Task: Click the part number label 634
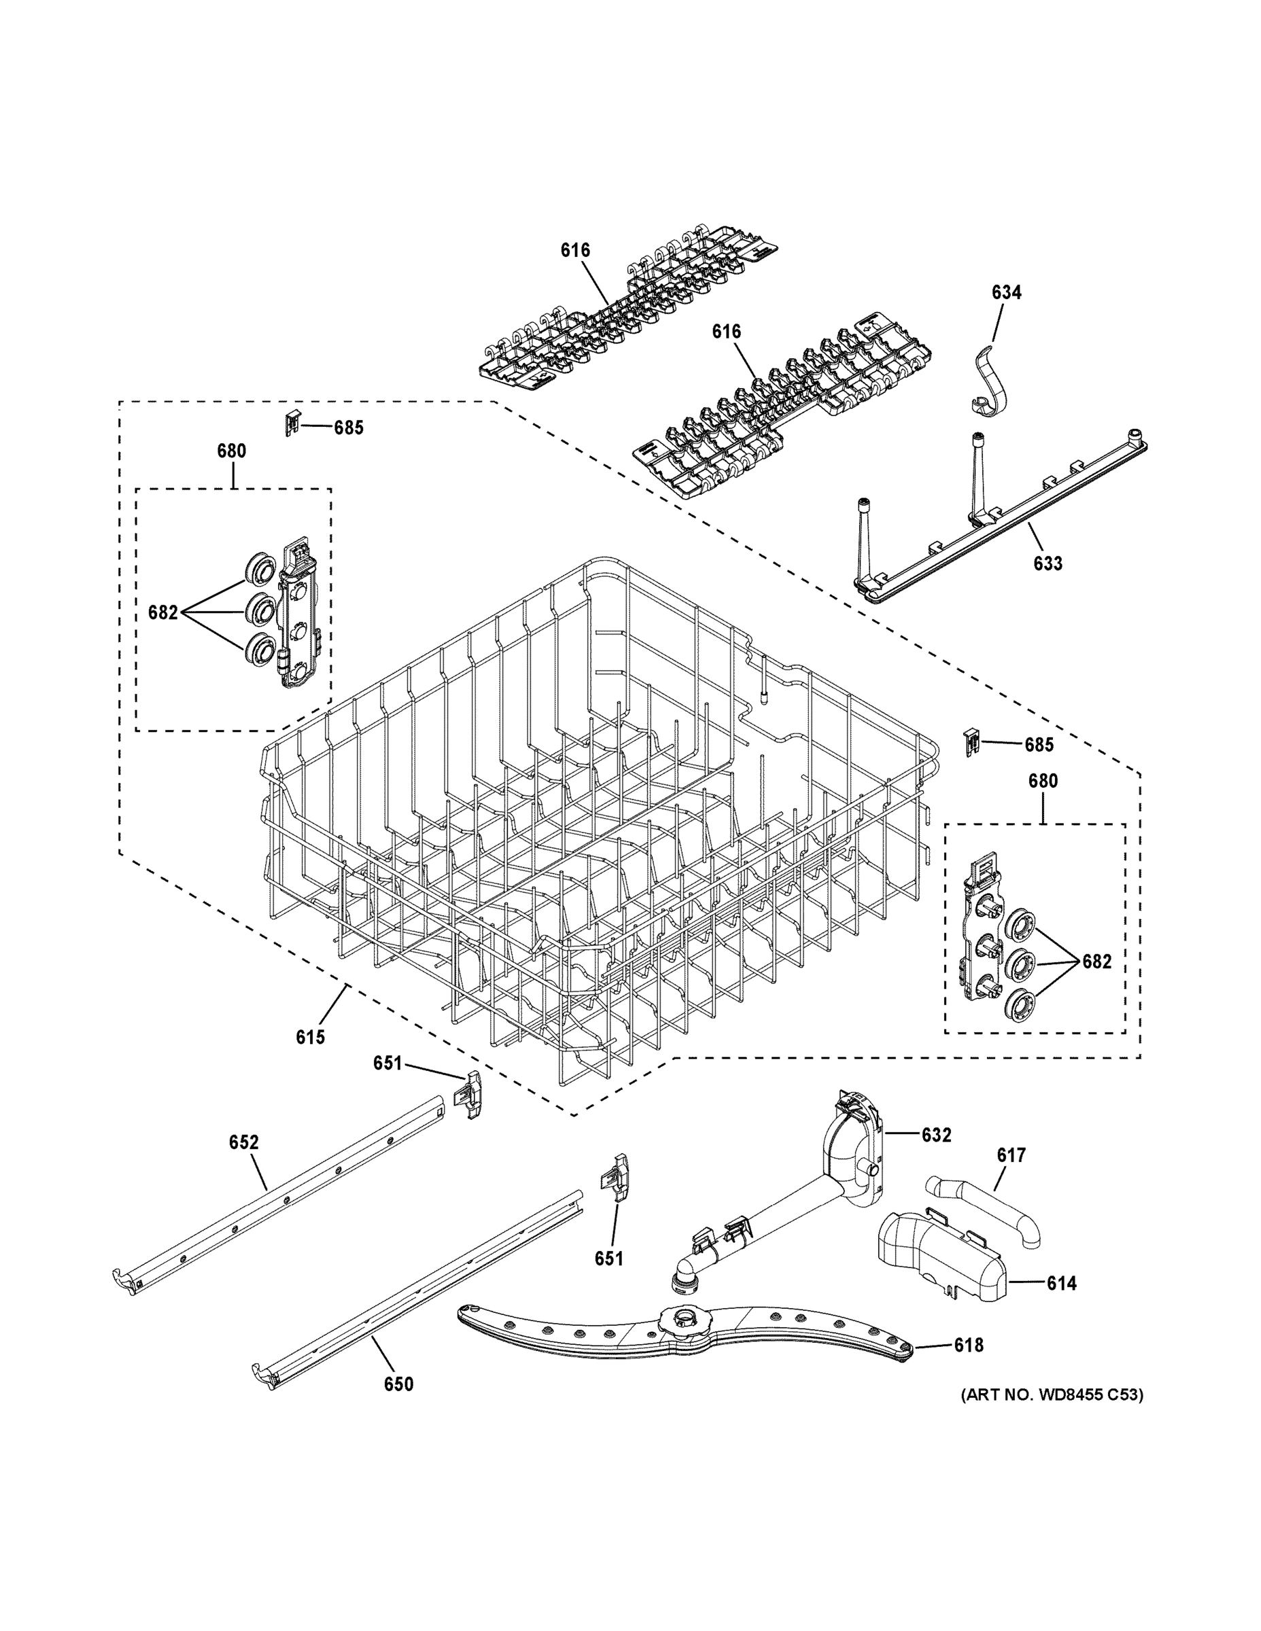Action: click(x=1006, y=293)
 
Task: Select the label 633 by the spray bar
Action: click(x=1048, y=564)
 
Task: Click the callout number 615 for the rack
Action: click(x=310, y=1036)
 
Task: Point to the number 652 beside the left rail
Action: click(x=243, y=1142)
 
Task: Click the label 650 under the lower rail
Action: click(x=398, y=1384)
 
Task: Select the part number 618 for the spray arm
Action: click(x=968, y=1345)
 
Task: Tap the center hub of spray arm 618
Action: click(x=684, y=1335)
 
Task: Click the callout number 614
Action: click(x=1060, y=1283)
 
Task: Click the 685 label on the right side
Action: click(x=1039, y=745)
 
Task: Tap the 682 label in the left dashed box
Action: click(x=163, y=613)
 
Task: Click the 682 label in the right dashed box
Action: click(x=1096, y=962)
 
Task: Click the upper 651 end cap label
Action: click(x=387, y=1063)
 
